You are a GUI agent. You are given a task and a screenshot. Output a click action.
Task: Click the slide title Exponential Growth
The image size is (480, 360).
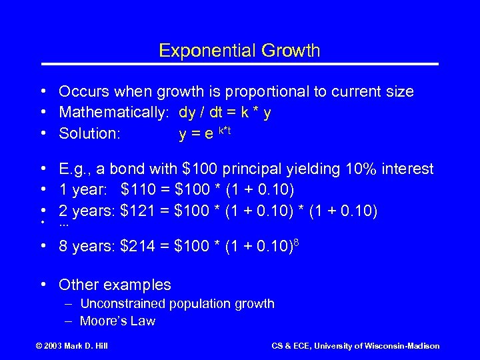pyautogui.click(x=240, y=50)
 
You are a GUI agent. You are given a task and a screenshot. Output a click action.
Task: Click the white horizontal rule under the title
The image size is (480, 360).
pyautogui.click(x=240, y=64)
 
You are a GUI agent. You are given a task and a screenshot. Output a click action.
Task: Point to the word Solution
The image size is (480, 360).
pyautogui.click(x=89, y=133)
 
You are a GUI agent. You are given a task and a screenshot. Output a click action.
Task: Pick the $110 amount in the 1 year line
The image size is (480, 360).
pyautogui.click(x=137, y=191)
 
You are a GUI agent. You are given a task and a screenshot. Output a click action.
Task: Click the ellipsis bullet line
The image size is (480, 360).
pyautogui.click(x=64, y=227)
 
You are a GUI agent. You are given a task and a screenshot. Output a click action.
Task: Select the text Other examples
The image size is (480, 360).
pyautogui.click(x=115, y=285)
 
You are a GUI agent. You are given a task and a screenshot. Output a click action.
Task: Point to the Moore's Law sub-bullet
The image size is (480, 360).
pyautogui.click(x=117, y=321)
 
